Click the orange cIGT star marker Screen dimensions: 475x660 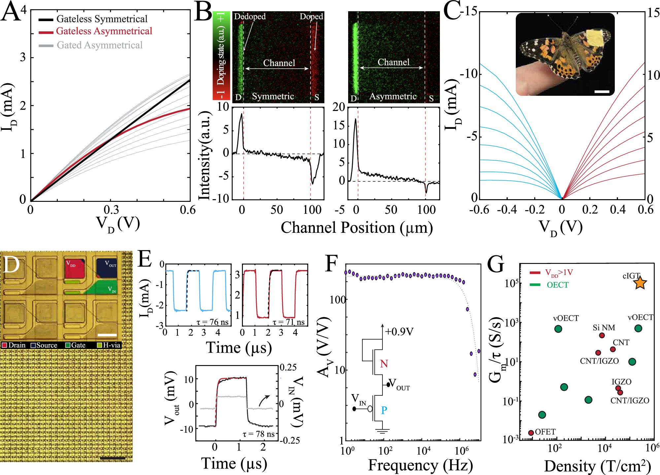click(640, 283)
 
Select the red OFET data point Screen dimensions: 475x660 click(531, 433)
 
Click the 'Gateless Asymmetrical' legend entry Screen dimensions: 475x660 click(104, 31)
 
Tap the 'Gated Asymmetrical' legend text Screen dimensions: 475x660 click(99, 45)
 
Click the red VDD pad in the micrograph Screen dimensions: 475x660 click(75, 268)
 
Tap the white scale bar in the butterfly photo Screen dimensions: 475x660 click(602, 91)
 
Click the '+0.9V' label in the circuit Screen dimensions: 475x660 click(399, 332)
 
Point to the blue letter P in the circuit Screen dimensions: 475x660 click(384, 410)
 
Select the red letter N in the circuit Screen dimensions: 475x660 click(384, 364)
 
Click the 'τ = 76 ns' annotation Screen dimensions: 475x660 click(212, 322)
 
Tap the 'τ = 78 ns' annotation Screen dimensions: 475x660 click(258, 434)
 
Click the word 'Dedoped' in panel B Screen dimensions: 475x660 click(249, 17)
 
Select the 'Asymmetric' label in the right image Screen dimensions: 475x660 click(393, 96)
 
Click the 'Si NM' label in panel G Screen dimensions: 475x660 click(604, 328)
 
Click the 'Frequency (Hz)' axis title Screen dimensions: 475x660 click(420, 465)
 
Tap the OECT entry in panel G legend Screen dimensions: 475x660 click(557, 285)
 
